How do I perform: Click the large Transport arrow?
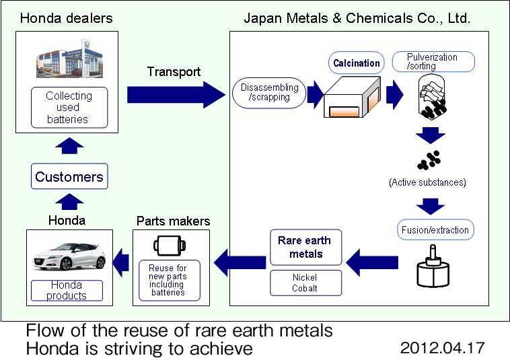coord(176,95)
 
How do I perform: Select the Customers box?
coord(69,176)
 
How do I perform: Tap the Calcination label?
coord(356,63)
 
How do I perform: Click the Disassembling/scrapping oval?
coord(269,93)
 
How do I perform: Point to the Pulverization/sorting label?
coord(433,61)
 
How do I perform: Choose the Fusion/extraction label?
coord(435,230)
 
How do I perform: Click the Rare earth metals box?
coord(305,247)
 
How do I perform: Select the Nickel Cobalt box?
coord(305,283)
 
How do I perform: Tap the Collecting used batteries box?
coord(69,107)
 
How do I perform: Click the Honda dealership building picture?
coord(69,59)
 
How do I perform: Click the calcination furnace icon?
coord(353,97)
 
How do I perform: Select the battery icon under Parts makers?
coord(170,246)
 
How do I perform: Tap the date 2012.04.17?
coord(442,348)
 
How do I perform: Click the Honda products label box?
coord(67,291)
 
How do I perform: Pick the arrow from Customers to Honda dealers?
coord(69,146)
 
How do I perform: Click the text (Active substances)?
coord(427,182)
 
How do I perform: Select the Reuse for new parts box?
coord(170,281)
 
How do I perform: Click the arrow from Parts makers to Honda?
coord(120,262)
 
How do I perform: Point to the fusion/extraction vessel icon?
coord(433,266)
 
